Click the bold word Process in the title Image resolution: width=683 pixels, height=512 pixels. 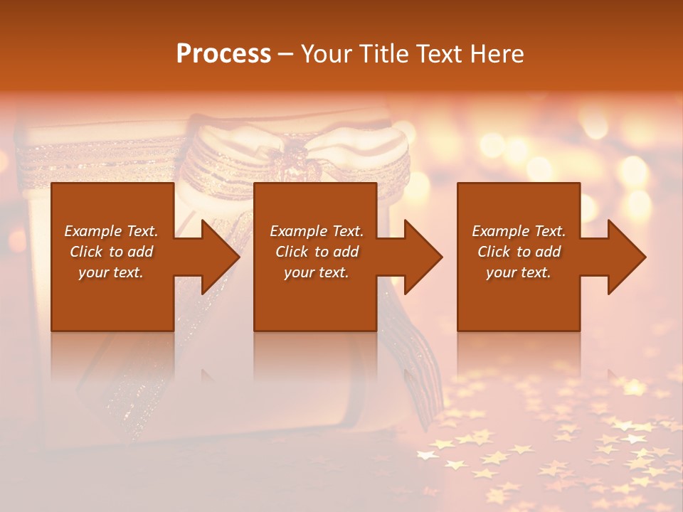[223, 53]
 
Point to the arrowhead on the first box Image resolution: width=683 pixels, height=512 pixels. [220, 257]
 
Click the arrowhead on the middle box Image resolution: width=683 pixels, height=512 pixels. [423, 257]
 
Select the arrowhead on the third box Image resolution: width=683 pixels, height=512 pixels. [626, 257]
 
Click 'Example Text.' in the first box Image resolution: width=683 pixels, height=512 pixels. [111, 231]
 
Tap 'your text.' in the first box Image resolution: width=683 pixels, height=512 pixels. [111, 272]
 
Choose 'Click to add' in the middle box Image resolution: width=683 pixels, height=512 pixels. [317, 252]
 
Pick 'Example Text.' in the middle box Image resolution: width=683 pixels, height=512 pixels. [317, 231]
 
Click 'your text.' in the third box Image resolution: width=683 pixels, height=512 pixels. [519, 272]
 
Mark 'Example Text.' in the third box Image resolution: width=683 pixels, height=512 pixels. [519, 231]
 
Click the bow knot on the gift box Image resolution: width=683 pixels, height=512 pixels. [292, 153]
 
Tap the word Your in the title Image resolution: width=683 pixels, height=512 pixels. [327, 53]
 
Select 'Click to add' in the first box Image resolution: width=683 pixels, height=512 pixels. [111, 252]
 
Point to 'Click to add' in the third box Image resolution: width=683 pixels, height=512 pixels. [519, 252]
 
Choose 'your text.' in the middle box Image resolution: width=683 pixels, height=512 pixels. [317, 272]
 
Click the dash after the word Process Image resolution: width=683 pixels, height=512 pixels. [286, 54]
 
